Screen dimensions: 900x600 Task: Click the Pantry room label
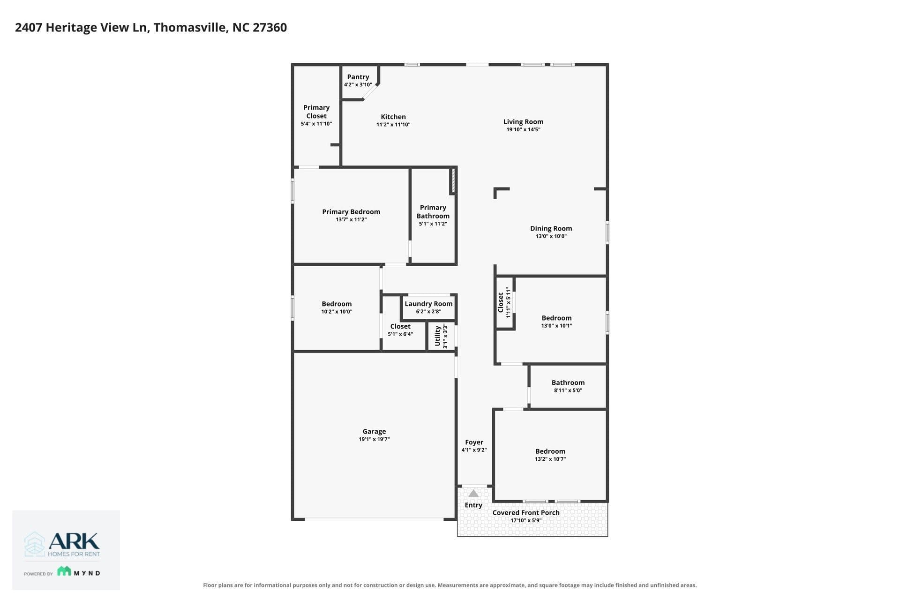358,77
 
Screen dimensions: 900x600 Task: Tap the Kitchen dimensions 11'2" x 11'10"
393,125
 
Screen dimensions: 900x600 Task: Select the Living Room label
523,122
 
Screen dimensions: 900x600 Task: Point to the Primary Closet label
316,112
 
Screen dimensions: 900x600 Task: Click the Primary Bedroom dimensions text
351,219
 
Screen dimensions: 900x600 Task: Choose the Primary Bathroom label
433,212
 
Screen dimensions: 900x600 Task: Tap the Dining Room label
551,229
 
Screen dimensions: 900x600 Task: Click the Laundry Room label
428,304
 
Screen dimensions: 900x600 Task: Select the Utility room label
437,336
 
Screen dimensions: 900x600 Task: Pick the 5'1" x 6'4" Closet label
400,326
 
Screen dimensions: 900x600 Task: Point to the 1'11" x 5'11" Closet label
501,303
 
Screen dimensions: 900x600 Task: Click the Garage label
374,431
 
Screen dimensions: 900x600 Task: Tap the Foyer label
474,442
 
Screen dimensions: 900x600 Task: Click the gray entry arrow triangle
473,494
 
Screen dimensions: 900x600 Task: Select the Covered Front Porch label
526,513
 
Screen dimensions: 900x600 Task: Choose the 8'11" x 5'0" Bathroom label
568,382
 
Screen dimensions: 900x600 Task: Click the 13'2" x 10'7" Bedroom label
550,451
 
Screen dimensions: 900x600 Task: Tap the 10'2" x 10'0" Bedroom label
337,304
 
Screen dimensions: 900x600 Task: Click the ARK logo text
74,541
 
